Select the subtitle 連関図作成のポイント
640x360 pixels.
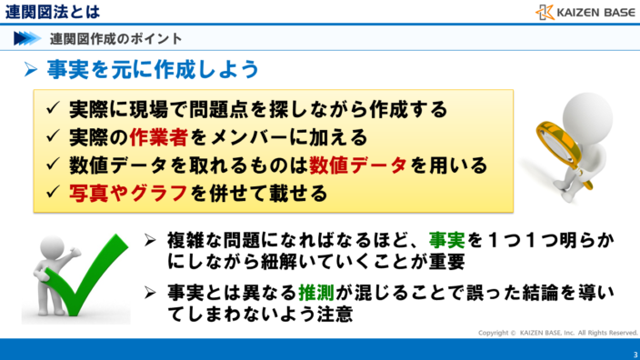pos(116,38)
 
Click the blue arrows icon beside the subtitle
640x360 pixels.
pos(28,38)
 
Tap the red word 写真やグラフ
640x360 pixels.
pos(128,195)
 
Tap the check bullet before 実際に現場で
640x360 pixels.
pos(53,110)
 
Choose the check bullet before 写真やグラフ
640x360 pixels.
pos(53,195)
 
